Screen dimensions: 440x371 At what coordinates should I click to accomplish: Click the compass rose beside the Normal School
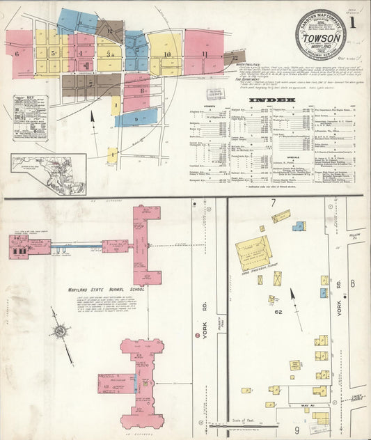tap(61, 331)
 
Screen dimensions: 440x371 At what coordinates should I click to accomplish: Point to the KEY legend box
tap(30, 118)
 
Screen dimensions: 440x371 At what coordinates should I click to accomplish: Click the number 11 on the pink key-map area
tap(205, 54)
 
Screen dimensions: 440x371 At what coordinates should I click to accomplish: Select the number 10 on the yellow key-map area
tap(167, 54)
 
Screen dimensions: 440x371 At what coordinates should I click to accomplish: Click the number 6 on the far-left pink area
tap(15, 52)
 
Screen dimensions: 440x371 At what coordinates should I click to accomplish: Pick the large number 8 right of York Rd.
tap(353, 283)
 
